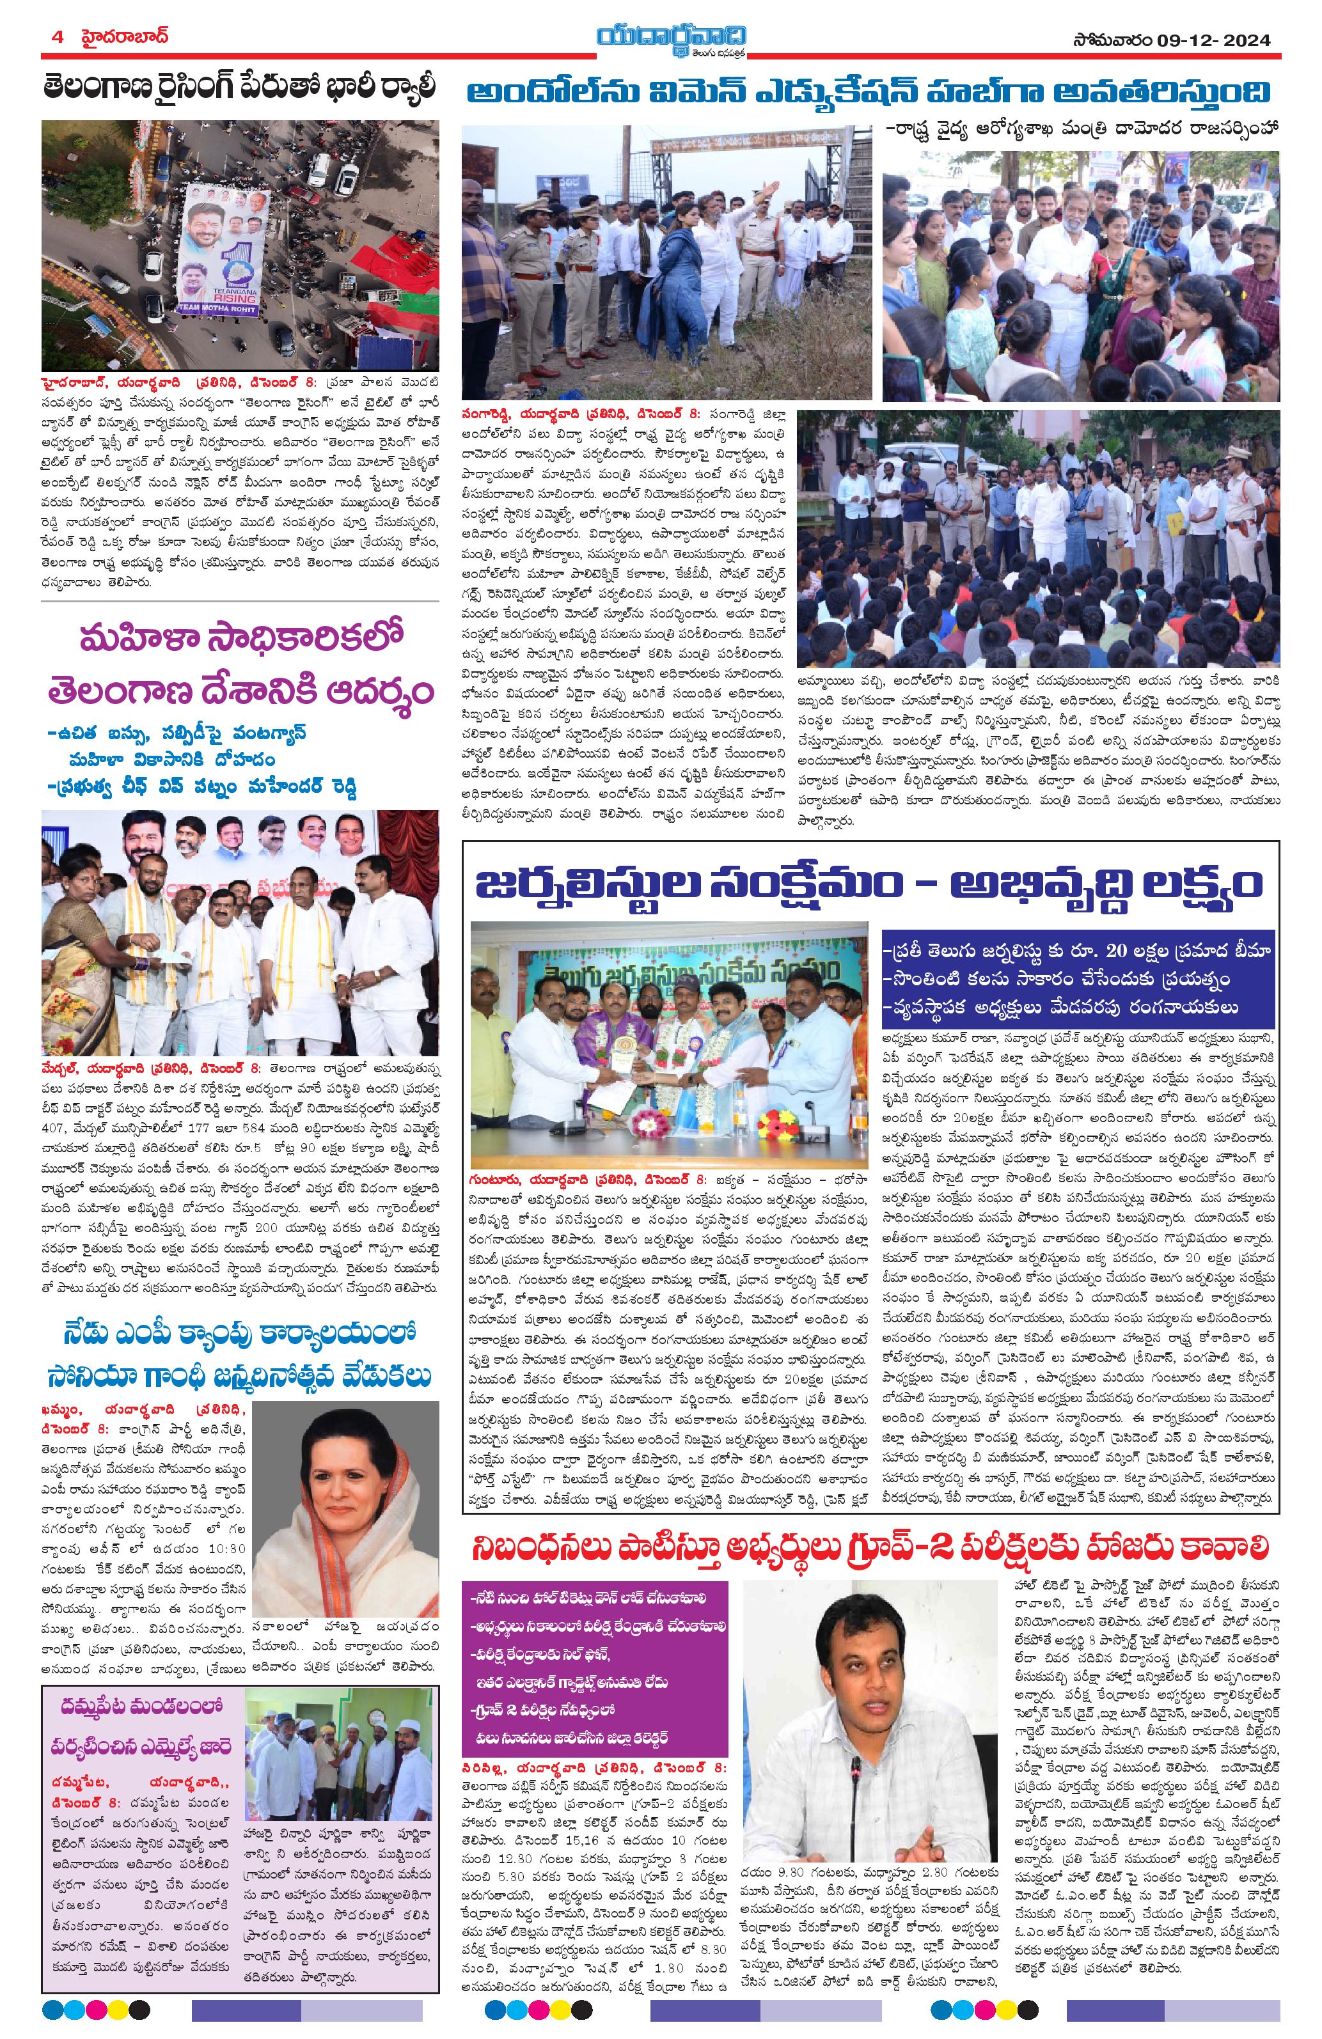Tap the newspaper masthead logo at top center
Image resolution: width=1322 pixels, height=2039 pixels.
click(659, 40)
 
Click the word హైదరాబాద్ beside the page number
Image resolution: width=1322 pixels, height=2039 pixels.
click(121, 38)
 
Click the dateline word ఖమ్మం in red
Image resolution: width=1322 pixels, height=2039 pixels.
click(63, 1412)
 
